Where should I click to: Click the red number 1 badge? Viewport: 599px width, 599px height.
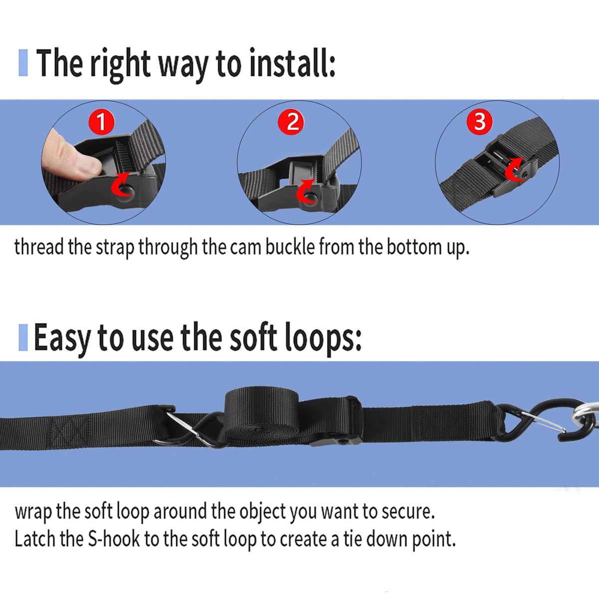tap(102, 122)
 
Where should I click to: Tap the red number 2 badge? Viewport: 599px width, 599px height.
tap(291, 122)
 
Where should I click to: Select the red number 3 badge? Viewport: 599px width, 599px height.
tap(480, 121)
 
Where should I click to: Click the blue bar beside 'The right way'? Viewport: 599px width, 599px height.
tap(23, 62)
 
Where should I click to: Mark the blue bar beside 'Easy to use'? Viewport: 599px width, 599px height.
tap(23, 337)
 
